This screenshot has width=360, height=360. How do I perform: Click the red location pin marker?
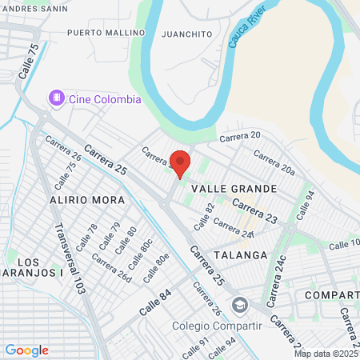180,162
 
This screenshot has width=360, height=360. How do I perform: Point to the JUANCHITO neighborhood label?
186,34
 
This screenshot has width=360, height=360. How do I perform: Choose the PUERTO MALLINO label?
106,33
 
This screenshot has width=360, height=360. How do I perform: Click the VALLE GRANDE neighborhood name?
234,189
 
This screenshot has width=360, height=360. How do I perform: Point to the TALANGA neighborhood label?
240,254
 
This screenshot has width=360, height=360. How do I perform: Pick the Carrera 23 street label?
254,211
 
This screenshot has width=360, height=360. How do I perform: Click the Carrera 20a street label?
274,162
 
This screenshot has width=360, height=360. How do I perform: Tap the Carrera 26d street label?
111,268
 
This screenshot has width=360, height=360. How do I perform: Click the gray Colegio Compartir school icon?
239,306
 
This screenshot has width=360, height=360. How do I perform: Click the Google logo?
26,350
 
